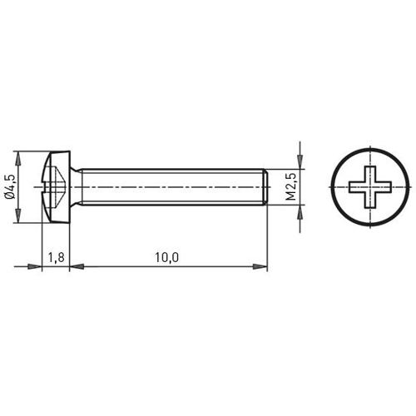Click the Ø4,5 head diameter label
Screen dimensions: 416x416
[x=10, y=186]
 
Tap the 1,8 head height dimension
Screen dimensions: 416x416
[x=56, y=257]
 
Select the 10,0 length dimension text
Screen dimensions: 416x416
[x=166, y=257]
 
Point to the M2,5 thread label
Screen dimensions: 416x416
[x=291, y=186]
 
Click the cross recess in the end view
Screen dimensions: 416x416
[x=370, y=187]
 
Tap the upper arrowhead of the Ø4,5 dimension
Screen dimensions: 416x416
[x=18, y=159]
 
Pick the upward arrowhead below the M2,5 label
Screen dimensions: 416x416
[x=300, y=212]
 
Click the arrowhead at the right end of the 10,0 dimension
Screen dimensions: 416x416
[x=260, y=266]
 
